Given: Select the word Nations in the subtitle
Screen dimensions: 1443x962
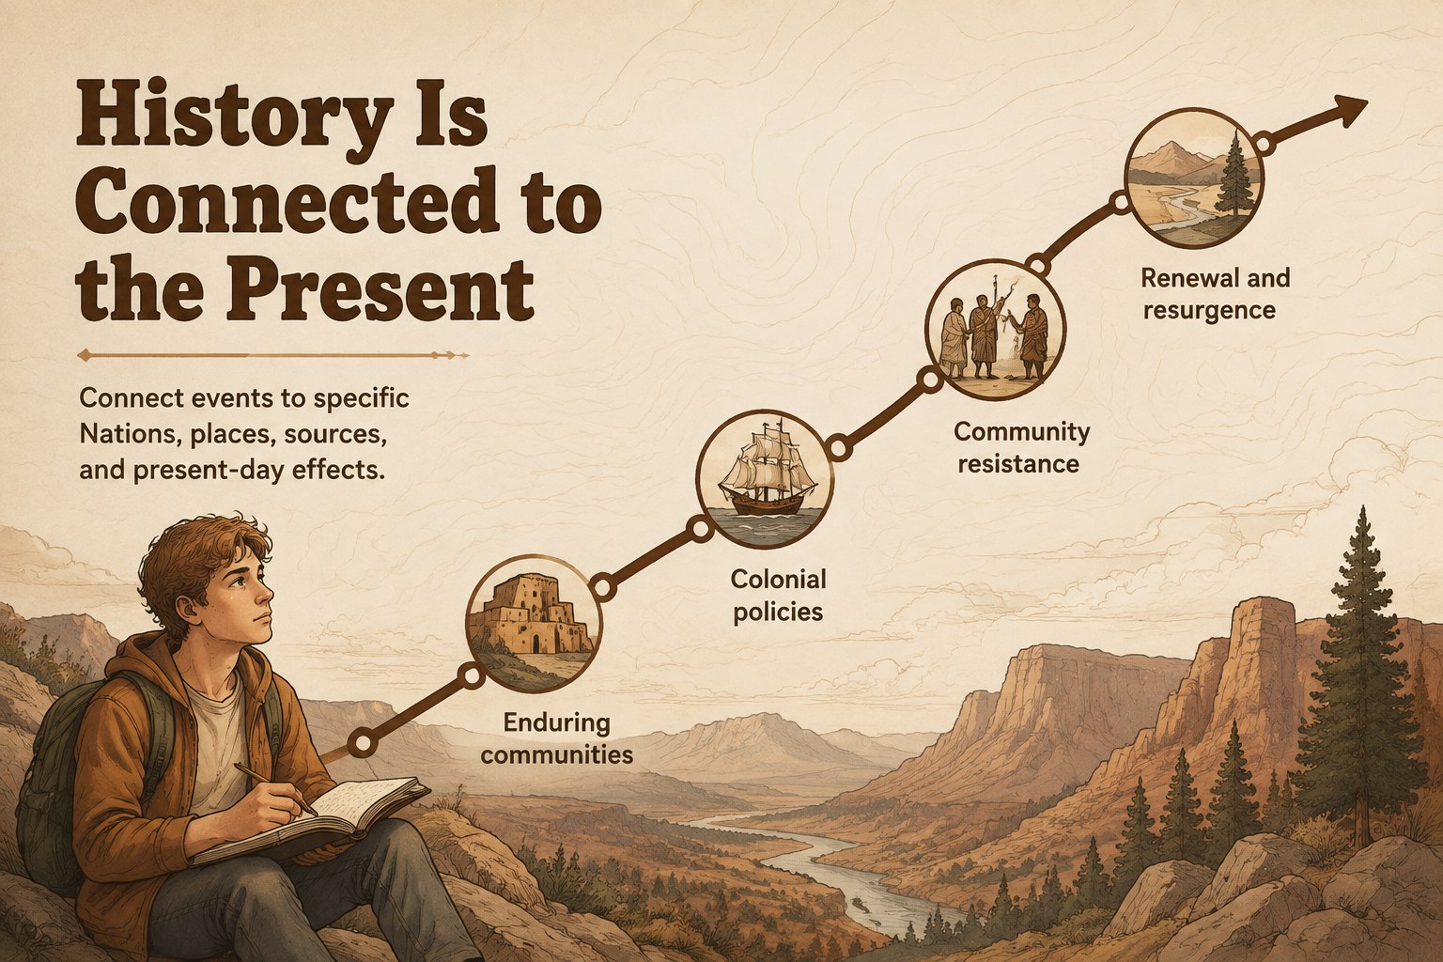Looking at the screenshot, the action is tap(128, 435).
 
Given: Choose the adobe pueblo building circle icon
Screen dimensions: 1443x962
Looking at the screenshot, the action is tap(534, 623).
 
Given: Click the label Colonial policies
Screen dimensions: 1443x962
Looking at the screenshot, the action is tap(778, 596).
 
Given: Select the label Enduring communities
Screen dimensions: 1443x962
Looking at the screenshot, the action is tap(556, 738).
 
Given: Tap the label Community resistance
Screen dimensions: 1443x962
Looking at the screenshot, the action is tap(1021, 447).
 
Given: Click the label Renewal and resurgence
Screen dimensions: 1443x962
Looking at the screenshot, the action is tap(1215, 294).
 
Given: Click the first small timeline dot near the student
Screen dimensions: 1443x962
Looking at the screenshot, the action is tap(363, 743).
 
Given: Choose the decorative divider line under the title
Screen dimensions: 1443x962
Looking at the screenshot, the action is tap(273, 355).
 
